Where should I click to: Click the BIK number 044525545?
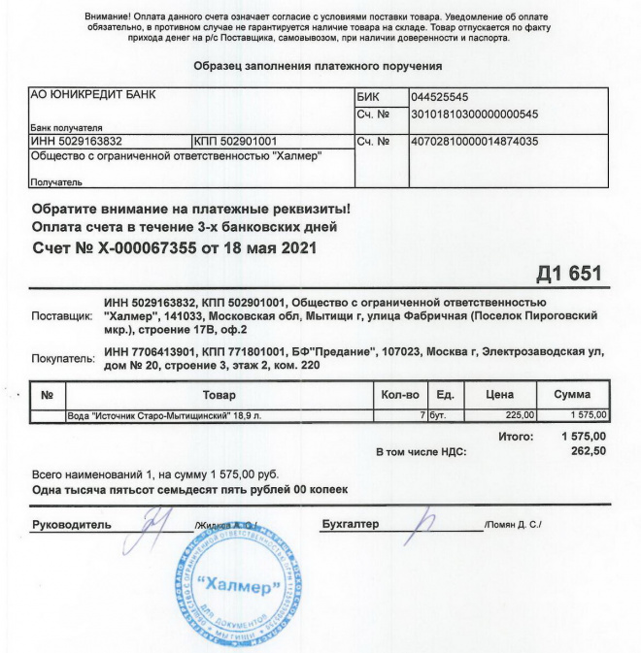(x=440, y=96)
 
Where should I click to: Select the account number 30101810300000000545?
(x=474, y=114)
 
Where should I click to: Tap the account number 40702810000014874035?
(x=474, y=141)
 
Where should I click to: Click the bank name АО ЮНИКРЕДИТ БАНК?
(x=93, y=96)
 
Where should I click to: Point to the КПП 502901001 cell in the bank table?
(x=237, y=141)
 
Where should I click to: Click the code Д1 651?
(x=570, y=273)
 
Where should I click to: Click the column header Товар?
(x=219, y=395)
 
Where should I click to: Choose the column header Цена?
(x=504, y=395)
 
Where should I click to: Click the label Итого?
(x=516, y=438)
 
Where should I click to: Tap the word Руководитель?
(x=72, y=525)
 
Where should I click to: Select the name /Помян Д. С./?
(x=513, y=526)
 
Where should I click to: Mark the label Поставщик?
(x=62, y=316)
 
